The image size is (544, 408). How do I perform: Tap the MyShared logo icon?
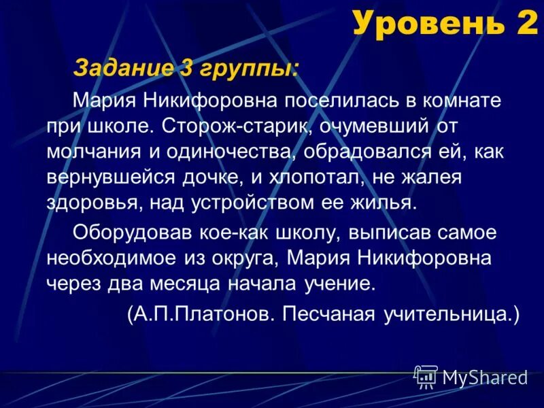[426, 376]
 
